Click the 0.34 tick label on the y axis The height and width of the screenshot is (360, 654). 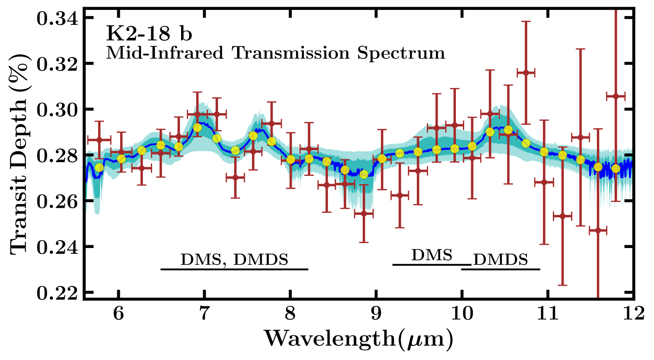[x=57, y=18]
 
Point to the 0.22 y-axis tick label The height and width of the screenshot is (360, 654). [x=57, y=293]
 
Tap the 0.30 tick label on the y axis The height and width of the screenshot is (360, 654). [x=57, y=110]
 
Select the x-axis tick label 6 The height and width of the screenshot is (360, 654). [x=119, y=313]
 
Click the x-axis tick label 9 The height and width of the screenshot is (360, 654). [x=376, y=313]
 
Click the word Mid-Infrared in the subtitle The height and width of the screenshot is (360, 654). [x=165, y=53]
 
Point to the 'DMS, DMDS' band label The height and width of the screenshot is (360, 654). [x=234, y=260]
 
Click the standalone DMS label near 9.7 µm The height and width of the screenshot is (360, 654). [x=431, y=255]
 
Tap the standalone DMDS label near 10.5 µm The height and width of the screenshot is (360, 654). [x=501, y=260]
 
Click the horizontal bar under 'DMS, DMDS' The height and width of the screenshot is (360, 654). [x=234, y=269]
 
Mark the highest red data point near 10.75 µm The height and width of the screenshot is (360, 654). [x=526, y=73]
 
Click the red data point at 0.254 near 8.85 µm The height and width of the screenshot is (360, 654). [x=363, y=214]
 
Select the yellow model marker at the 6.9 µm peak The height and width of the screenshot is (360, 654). [x=197, y=127]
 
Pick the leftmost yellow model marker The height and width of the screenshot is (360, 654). [x=99, y=168]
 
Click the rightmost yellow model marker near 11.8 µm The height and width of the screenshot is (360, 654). [x=615, y=169]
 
